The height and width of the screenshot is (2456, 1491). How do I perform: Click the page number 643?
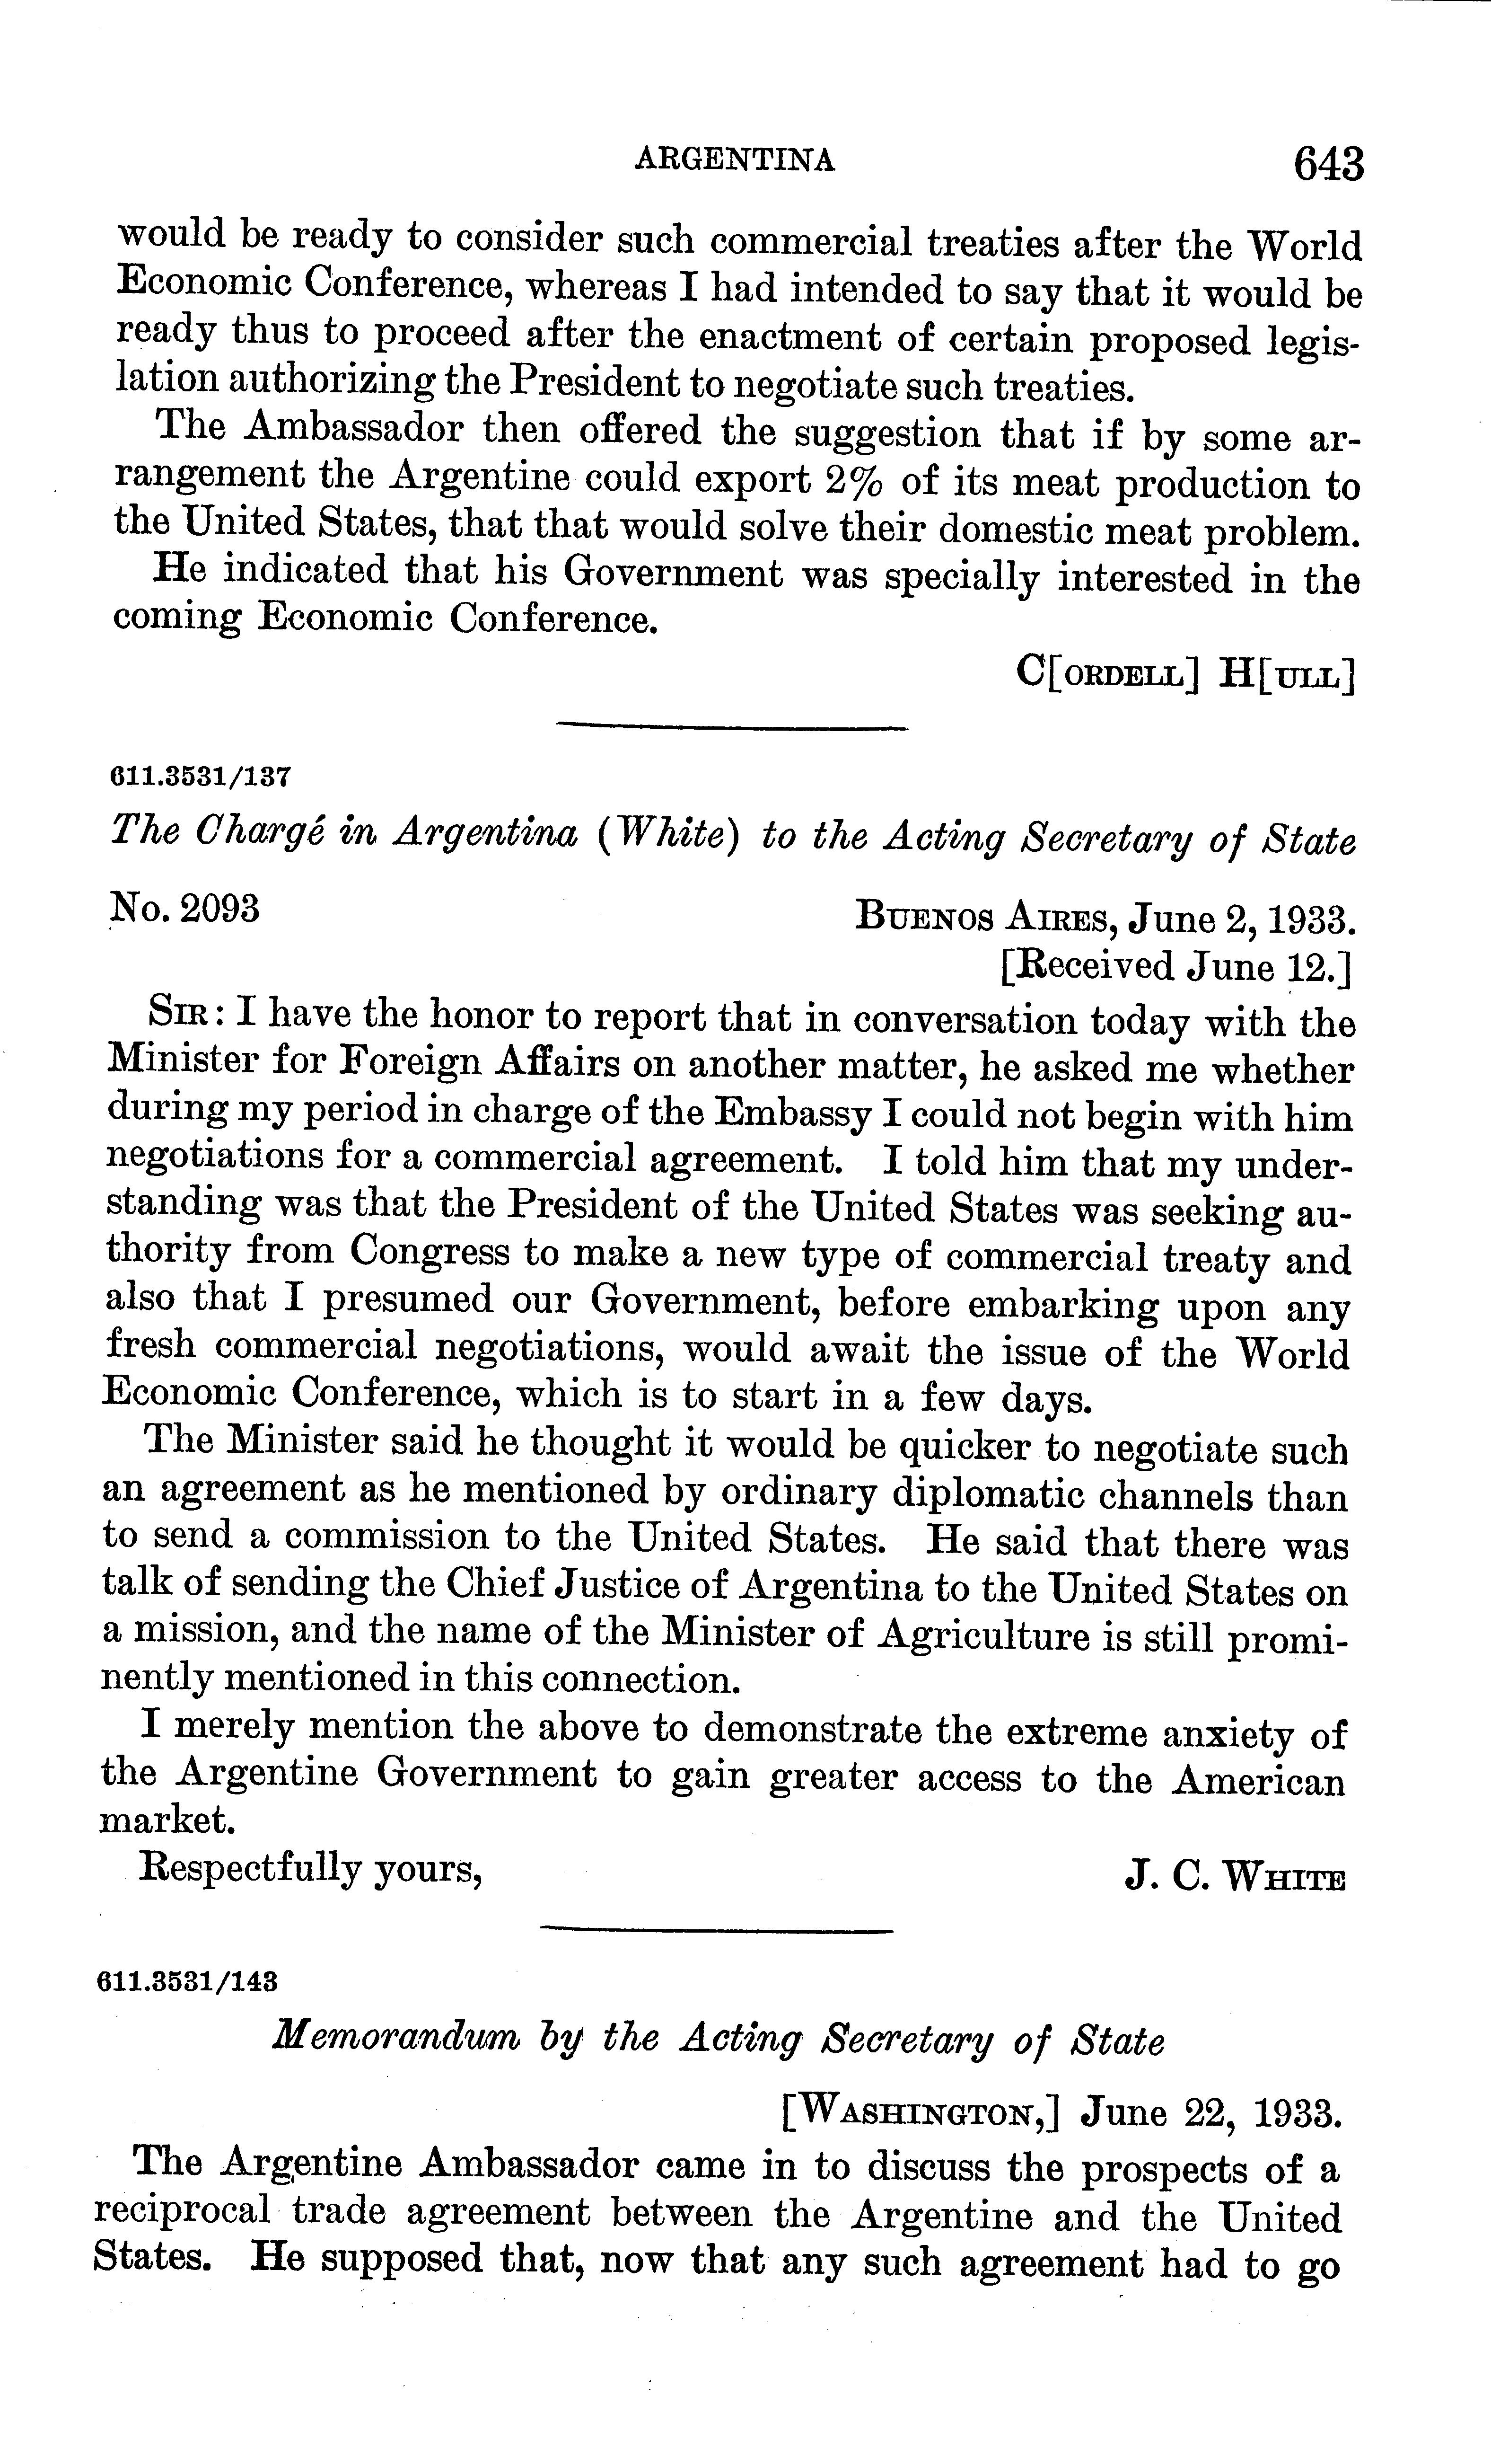[1327, 162]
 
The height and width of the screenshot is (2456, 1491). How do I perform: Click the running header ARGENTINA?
[735, 159]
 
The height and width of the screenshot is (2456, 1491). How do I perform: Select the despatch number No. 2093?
[184, 909]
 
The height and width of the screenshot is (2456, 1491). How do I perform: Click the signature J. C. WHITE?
[1235, 1878]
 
